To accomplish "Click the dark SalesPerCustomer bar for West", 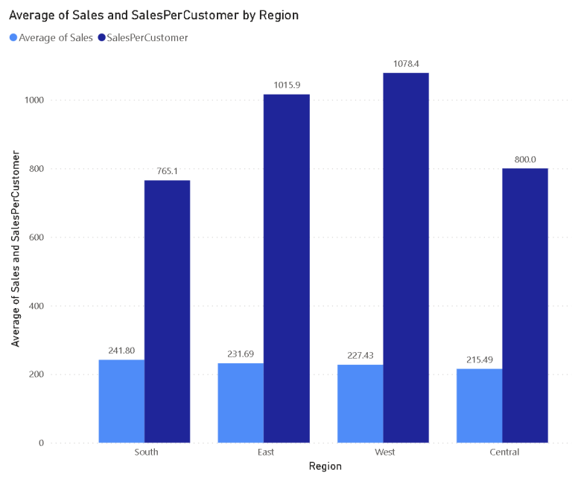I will tap(406, 258).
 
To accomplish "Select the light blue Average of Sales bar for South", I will tap(121, 401).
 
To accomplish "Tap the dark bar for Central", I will tap(525, 305).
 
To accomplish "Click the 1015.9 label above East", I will tap(287, 86).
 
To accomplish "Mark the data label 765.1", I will tap(168, 171).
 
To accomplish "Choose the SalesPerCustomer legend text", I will tap(147, 37).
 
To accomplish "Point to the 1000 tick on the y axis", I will tap(34, 100).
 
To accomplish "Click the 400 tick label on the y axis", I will tap(36, 306).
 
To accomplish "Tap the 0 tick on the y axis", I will tap(42, 443).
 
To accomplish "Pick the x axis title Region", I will tap(325, 467).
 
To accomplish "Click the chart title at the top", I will tap(154, 15).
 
